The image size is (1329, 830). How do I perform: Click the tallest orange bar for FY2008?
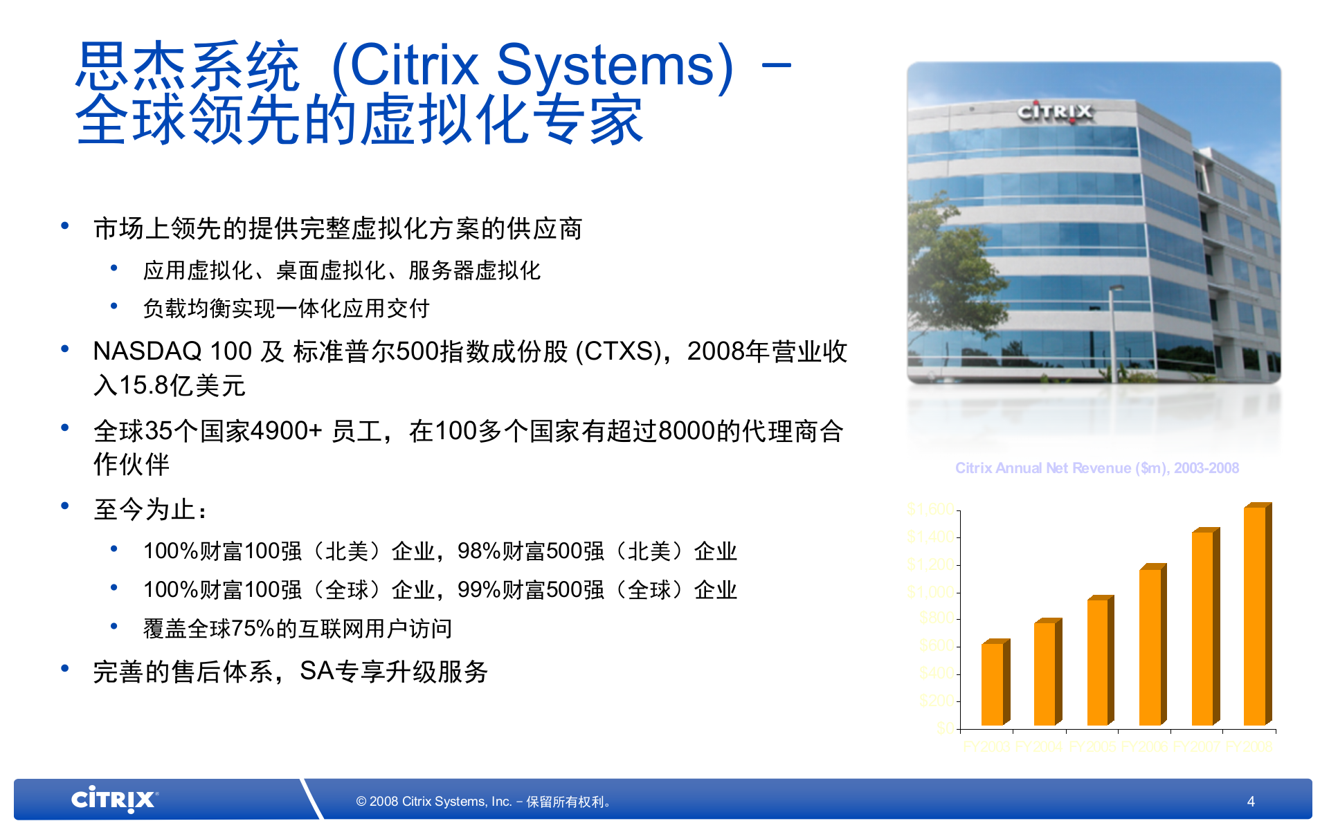tap(1256, 616)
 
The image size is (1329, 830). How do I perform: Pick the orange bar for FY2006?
tap(1150, 647)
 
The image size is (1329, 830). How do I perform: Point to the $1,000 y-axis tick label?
tap(931, 592)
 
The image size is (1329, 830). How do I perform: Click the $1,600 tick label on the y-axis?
tap(931, 510)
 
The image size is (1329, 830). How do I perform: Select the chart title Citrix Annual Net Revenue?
tap(1096, 468)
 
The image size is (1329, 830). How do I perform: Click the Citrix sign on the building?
tap(1055, 112)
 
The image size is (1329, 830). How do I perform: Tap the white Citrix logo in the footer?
tap(114, 800)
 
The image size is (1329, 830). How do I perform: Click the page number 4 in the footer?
tap(1251, 801)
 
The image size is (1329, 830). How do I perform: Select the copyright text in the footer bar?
tap(484, 802)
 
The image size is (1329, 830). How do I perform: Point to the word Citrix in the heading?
tap(415, 65)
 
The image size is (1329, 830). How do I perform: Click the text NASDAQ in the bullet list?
tap(147, 351)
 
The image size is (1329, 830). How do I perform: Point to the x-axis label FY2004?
tap(1038, 747)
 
